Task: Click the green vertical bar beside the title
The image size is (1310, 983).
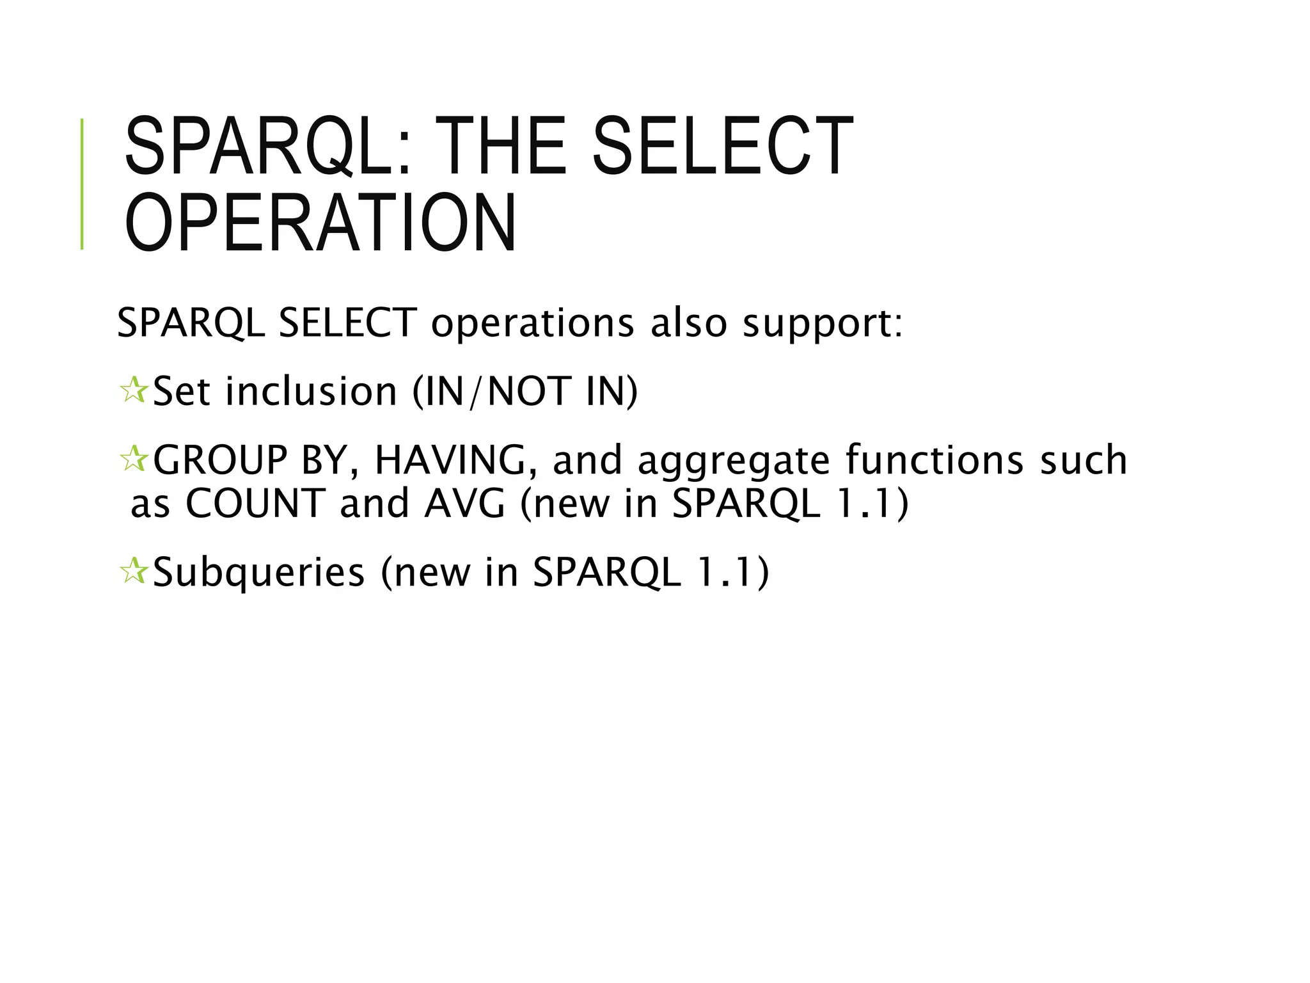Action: (82, 184)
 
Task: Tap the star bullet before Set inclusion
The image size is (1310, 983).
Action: (133, 390)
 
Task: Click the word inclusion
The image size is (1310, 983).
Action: (312, 391)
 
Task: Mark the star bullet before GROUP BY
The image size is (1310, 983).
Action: (133, 460)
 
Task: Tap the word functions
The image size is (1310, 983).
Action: (935, 460)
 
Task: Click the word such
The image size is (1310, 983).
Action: (1084, 460)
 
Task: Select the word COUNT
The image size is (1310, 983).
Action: (255, 503)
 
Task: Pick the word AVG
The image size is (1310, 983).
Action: (465, 503)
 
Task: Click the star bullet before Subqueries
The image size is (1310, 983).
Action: (133, 571)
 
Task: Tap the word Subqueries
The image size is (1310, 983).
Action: (259, 572)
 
